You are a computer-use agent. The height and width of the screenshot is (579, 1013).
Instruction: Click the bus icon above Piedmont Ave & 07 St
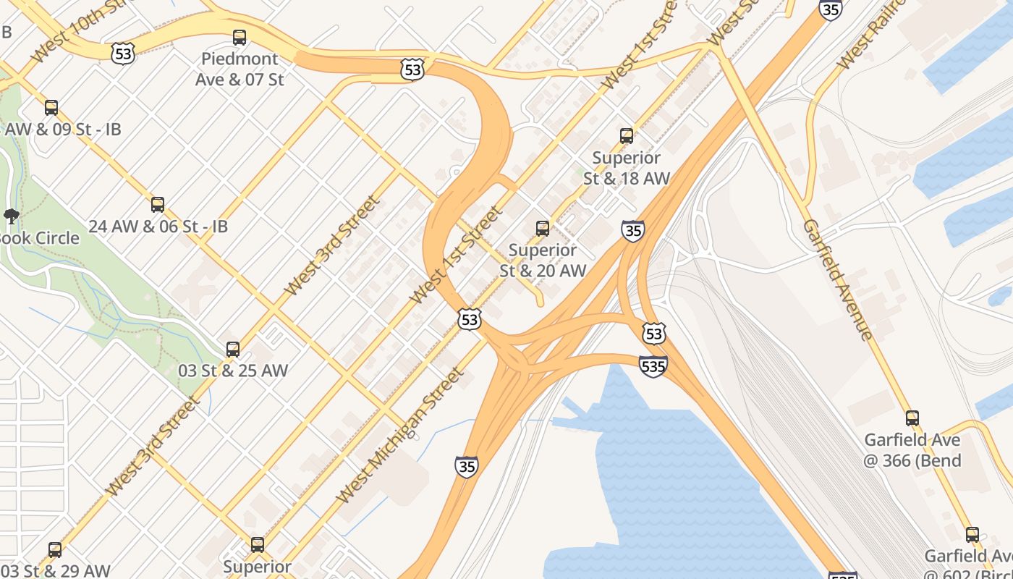(x=240, y=38)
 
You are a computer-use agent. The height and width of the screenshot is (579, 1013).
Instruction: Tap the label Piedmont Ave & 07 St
(x=240, y=69)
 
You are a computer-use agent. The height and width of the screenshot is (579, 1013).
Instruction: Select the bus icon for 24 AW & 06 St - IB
(x=158, y=205)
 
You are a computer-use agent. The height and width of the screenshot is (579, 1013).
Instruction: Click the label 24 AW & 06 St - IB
(x=158, y=227)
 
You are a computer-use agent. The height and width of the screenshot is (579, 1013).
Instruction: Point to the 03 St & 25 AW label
(x=233, y=371)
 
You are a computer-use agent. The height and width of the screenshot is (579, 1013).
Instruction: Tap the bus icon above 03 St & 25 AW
(x=233, y=350)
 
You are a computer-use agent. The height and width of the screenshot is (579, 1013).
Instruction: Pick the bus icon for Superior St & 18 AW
(x=627, y=135)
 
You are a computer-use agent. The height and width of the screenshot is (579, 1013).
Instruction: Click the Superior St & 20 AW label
(x=543, y=261)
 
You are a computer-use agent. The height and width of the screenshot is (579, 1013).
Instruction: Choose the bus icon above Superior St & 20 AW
(x=543, y=229)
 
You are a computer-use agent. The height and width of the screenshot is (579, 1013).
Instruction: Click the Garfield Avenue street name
(x=837, y=279)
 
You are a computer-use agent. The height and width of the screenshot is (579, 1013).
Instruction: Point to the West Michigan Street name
(x=399, y=436)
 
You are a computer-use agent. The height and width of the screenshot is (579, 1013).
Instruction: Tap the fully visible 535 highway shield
(x=653, y=366)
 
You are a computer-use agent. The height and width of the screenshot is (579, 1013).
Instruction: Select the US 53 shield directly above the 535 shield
(x=653, y=334)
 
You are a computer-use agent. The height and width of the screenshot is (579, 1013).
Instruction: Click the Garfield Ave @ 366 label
(x=912, y=450)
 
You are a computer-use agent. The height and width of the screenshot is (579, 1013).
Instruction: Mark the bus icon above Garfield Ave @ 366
(x=912, y=418)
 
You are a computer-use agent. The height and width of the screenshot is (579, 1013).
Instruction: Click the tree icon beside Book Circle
(x=11, y=215)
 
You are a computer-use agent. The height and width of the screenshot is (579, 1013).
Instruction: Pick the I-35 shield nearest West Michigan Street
(x=467, y=467)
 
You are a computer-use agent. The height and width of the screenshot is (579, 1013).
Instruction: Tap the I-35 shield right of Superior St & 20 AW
(x=632, y=231)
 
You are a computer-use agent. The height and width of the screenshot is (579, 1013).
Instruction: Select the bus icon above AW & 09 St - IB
(x=51, y=108)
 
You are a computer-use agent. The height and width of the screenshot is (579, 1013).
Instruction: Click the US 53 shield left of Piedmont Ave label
(x=124, y=53)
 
